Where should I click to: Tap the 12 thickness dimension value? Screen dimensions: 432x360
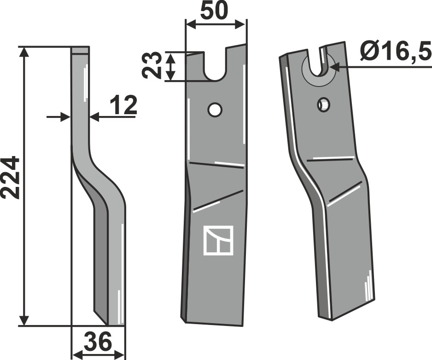tap(123, 105)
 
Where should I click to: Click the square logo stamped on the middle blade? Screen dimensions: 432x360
tap(218, 240)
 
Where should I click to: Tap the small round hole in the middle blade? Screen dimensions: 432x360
tap(215, 110)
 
